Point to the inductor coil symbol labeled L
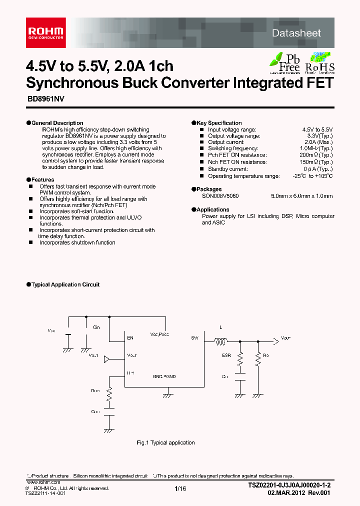(220, 342)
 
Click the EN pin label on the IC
(130, 338)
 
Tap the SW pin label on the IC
(194, 338)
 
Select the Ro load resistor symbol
(258, 358)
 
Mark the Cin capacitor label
(96, 327)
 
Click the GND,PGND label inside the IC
(164, 376)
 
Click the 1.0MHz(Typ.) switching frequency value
(316, 148)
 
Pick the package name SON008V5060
(220, 196)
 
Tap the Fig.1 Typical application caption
(165, 442)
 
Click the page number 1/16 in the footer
(180, 488)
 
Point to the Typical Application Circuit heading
(65, 284)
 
